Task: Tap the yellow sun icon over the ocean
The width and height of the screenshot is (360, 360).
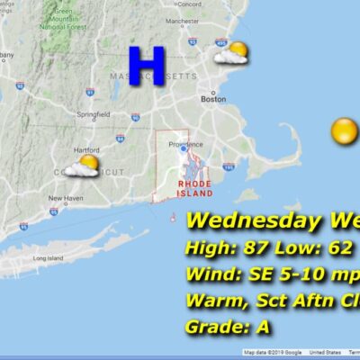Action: (343, 131)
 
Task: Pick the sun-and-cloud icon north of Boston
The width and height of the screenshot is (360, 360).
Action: (231, 54)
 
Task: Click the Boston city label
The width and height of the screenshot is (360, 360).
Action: (213, 100)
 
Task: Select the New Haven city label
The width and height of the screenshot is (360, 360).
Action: (66, 198)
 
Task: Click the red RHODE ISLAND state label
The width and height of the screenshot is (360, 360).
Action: (194, 186)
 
